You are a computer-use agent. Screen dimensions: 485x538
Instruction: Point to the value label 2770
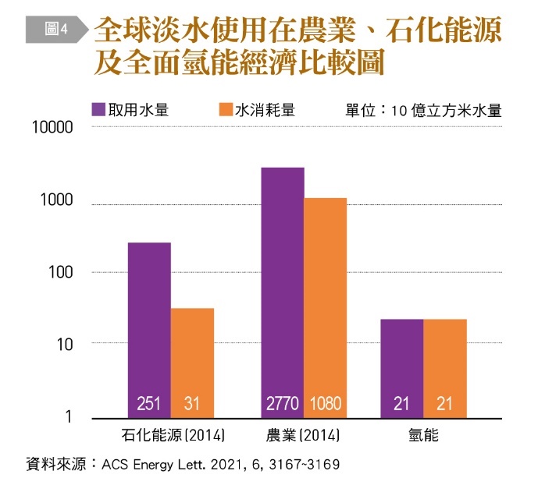[283, 404]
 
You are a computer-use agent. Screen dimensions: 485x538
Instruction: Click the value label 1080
[326, 404]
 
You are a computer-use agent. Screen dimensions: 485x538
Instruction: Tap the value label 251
[148, 404]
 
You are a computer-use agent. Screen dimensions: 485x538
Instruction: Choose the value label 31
[192, 404]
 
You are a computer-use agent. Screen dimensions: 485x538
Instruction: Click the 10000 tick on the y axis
[52, 127]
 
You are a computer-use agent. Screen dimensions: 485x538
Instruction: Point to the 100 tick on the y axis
[59, 272]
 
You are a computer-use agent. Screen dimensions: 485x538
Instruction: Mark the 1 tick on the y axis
[68, 417]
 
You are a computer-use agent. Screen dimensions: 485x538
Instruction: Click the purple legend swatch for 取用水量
[99, 110]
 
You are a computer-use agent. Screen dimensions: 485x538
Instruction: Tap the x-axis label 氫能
[423, 435]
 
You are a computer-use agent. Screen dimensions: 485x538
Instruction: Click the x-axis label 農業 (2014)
[305, 435]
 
